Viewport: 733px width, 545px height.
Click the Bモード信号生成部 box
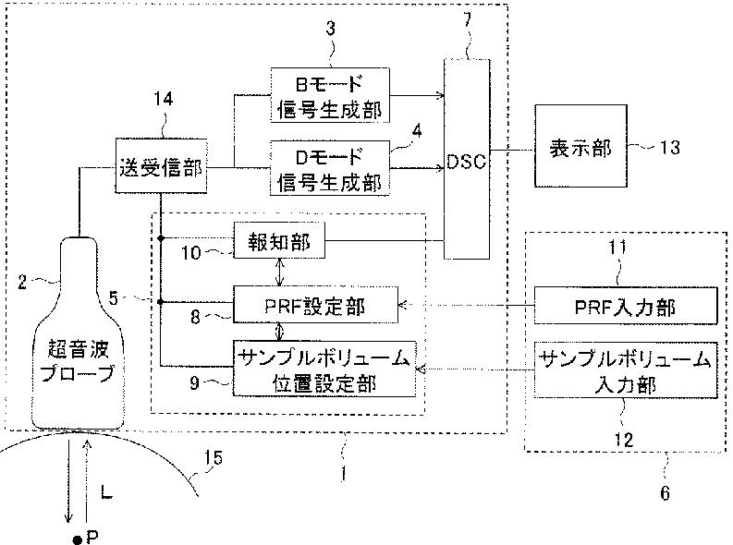coord(330,95)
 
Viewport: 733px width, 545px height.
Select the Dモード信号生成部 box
coord(330,167)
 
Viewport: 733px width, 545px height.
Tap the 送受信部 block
coord(161,165)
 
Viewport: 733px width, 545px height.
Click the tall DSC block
coord(467,159)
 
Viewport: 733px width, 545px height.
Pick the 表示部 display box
coord(580,146)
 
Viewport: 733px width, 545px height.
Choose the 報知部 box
coord(279,240)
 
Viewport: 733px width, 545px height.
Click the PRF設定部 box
coord(315,305)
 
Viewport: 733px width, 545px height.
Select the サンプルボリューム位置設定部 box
coord(324,369)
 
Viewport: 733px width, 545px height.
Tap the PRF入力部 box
coord(626,306)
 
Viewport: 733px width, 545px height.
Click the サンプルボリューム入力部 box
coord(626,370)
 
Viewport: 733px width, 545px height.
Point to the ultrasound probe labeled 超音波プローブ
coord(78,333)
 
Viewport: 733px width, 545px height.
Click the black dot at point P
coord(78,539)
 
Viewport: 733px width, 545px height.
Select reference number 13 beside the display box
coord(669,147)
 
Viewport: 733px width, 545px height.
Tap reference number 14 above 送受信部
coord(164,99)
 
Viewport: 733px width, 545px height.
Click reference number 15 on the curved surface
coord(214,457)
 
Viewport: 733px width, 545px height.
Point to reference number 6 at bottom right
coord(665,492)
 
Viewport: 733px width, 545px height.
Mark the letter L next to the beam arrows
coord(106,491)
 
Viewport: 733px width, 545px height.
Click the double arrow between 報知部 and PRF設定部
coord(279,272)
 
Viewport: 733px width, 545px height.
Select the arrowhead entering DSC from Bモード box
coord(439,96)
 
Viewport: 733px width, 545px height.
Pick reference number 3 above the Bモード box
coord(331,29)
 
